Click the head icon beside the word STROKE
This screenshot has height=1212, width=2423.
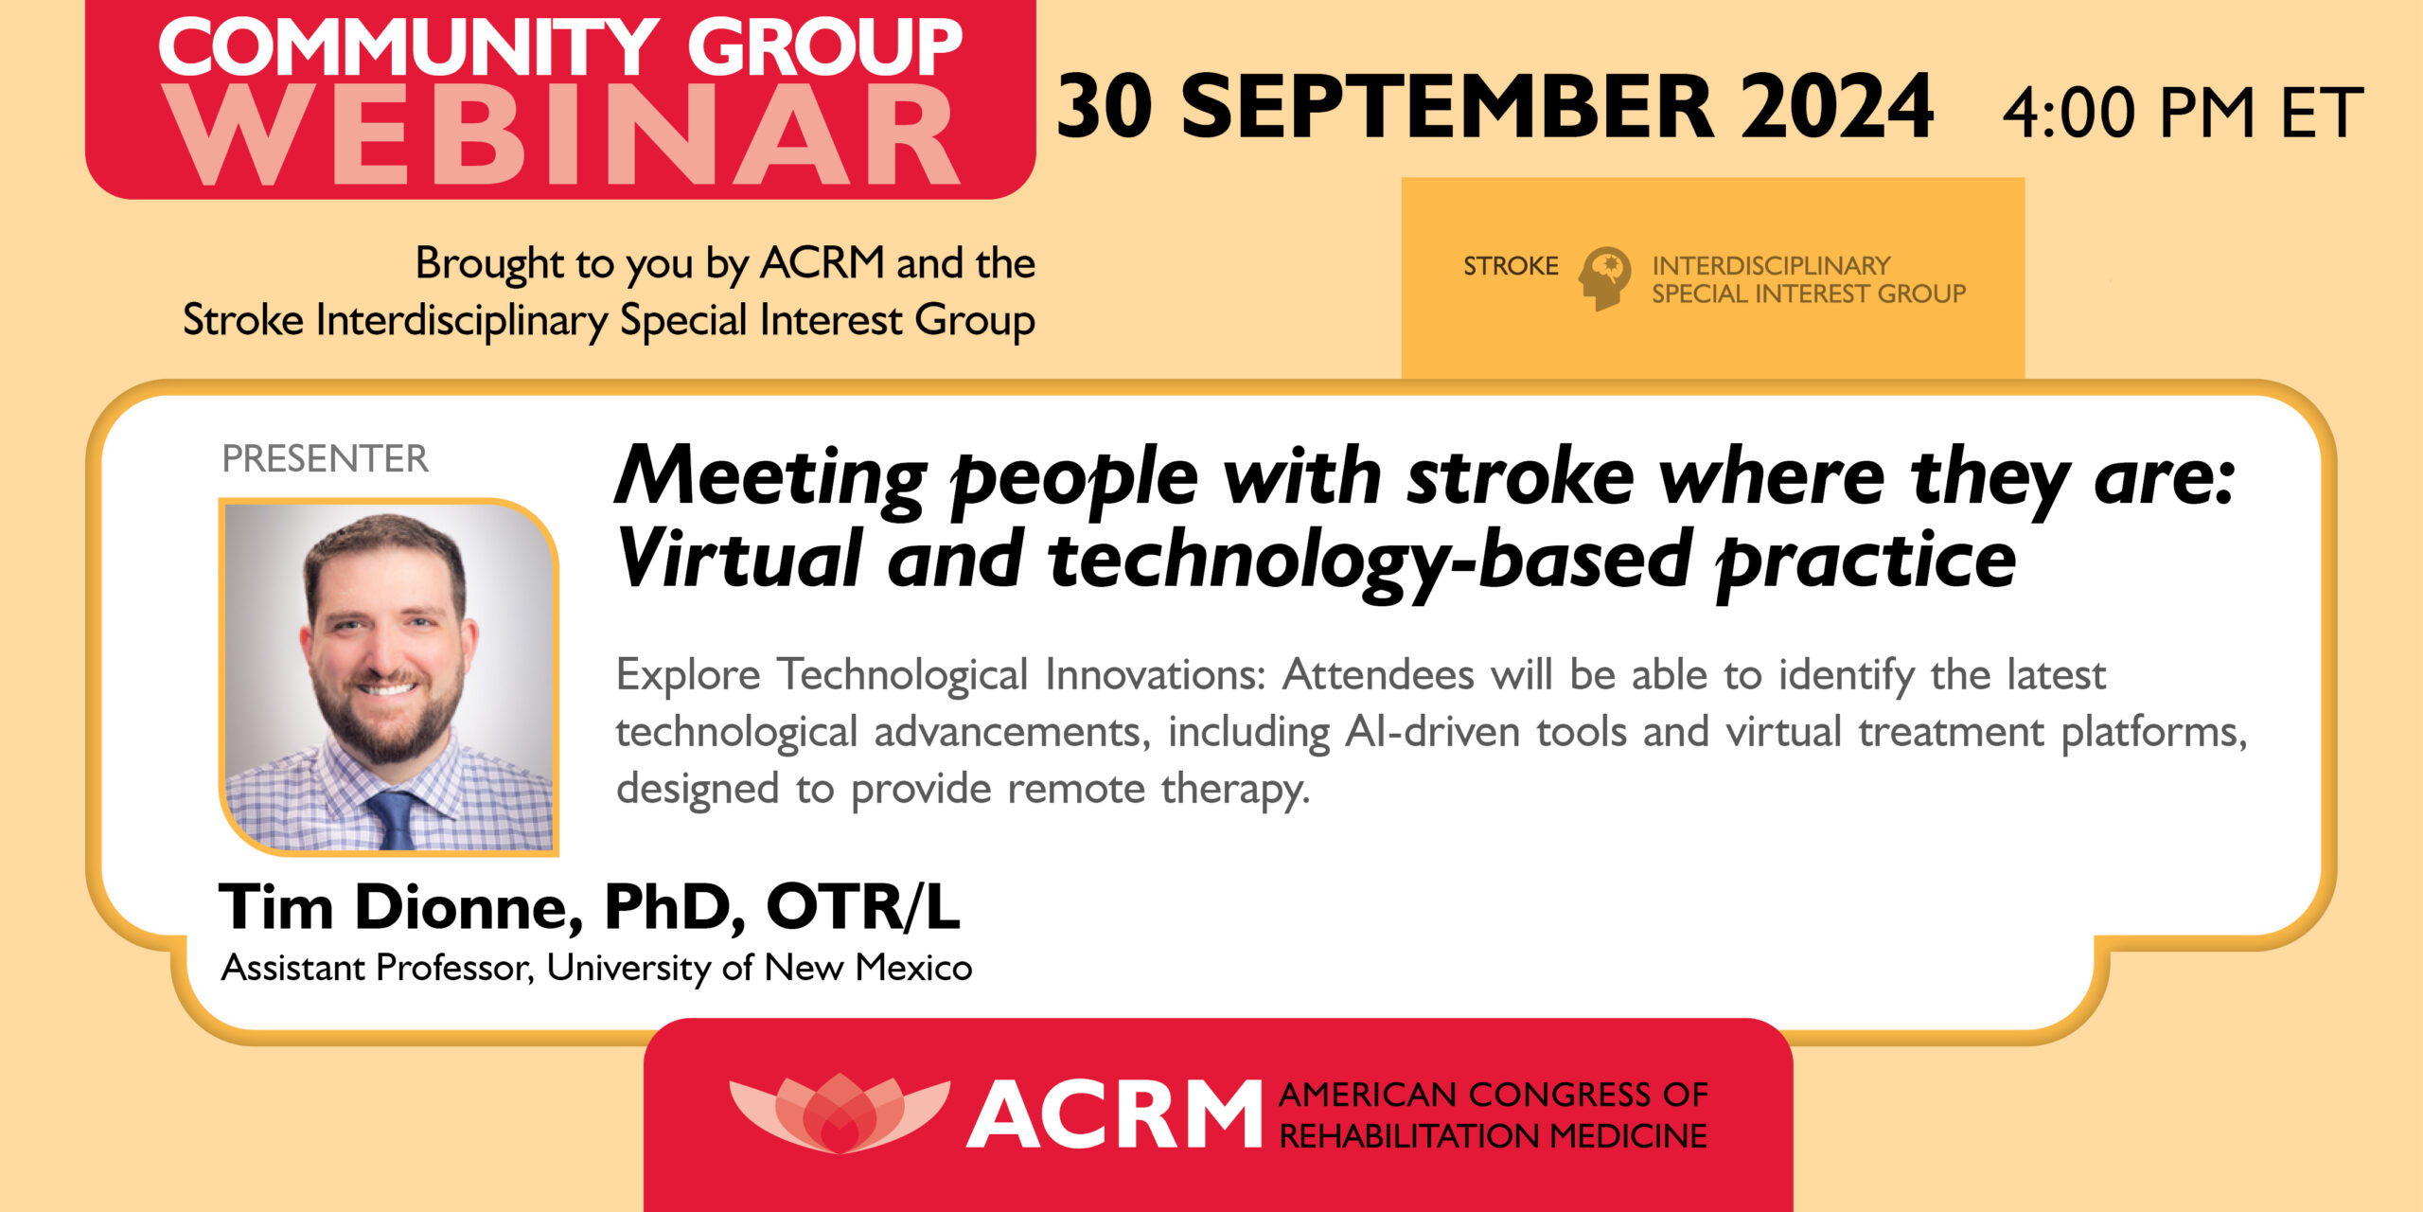click(1604, 278)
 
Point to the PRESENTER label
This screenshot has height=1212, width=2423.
click(325, 458)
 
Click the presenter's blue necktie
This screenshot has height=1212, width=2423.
click(393, 820)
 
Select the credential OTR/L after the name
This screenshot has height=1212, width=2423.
click(863, 906)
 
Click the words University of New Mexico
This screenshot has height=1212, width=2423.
click(759, 968)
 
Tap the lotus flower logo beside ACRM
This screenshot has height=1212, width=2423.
click(840, 1112)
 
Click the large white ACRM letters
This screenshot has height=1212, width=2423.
click(1114, 1114)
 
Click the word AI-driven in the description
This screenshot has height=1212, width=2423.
click(1433, 732)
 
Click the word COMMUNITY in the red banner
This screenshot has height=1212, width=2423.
click(409, 46)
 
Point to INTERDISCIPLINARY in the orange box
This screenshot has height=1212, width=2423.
click(1771, 265)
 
